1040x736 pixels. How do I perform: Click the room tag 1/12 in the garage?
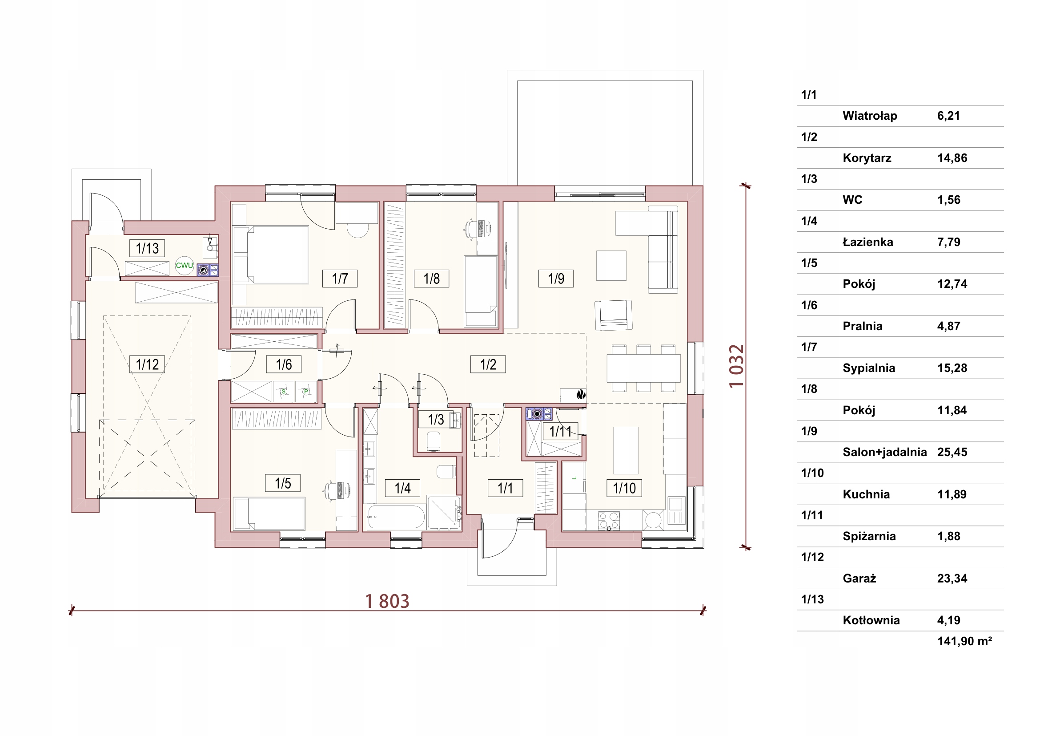(x=147, y=364)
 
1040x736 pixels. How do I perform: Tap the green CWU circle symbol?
(x=185, y=266)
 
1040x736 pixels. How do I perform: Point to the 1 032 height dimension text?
(x=736, y=366)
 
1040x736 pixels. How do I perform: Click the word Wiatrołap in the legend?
(x=870, y=116)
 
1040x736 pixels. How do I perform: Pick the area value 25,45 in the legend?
(x=952, y=452)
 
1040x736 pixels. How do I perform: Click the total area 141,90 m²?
(x=964, y=641)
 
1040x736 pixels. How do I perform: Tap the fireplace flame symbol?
(x=581, y=394)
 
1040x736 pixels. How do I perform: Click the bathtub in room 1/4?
(x=396, y=518)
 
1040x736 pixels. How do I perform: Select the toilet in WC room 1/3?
(x=434, y=441)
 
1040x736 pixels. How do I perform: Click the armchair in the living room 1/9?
(x=613, y=315)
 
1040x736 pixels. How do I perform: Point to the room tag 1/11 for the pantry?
(x=560, y=432)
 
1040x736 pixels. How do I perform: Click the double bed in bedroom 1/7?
(x=270, y=255)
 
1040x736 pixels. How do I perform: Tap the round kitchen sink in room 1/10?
(x=653, y=520)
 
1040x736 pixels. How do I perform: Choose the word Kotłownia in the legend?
(x=871, y=620)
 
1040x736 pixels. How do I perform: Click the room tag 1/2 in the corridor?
(x=488, y=364)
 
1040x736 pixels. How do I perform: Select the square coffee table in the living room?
(x=611, y=266)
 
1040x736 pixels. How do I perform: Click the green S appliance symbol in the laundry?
(x=284, y=392)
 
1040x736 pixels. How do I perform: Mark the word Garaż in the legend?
(x=859, y=579)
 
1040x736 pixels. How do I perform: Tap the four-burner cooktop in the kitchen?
(x=609, y=521)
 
